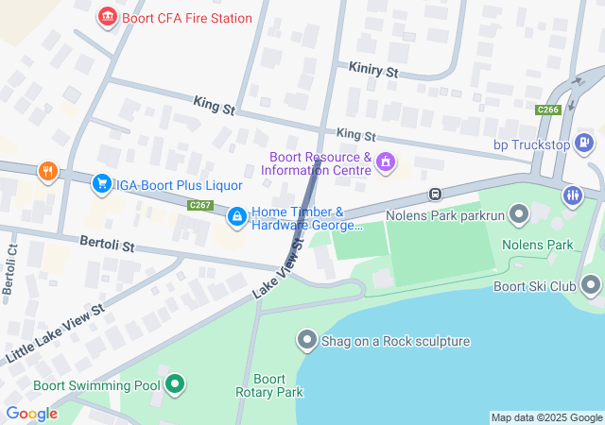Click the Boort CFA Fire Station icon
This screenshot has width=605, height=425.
107,17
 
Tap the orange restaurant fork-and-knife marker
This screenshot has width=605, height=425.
47,171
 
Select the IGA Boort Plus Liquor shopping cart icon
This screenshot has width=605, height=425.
101,183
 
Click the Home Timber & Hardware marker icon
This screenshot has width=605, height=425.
236,218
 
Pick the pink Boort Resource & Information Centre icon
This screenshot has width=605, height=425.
385,163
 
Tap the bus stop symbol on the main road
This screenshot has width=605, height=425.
434,195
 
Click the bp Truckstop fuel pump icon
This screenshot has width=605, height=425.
585,144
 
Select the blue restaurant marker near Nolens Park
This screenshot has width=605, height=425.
572,196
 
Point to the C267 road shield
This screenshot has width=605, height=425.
199,205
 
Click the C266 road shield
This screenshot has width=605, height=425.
547,110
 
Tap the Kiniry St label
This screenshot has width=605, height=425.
373,71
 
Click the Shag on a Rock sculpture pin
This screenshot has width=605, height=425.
306,340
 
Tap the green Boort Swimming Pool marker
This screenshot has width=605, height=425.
174,384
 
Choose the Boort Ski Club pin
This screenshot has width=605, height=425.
591,284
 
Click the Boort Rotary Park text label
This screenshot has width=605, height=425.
269,385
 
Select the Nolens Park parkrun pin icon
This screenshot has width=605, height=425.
518,215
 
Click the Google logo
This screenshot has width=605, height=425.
31,413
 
